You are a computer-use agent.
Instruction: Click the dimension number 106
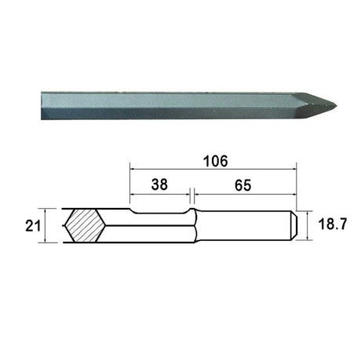point(216,161)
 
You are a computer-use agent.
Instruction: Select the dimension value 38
point(159,184)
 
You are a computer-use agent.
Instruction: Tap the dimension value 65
point(242,185)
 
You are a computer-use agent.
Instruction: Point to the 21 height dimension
point(33,226)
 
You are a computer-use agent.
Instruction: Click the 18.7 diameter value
point(333,224)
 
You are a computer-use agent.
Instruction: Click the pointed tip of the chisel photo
point(336,106)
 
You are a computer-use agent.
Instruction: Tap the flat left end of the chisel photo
point(42,106)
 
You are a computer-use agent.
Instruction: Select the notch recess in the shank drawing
point(160,212)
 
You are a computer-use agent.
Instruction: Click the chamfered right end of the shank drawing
point(294,224)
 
